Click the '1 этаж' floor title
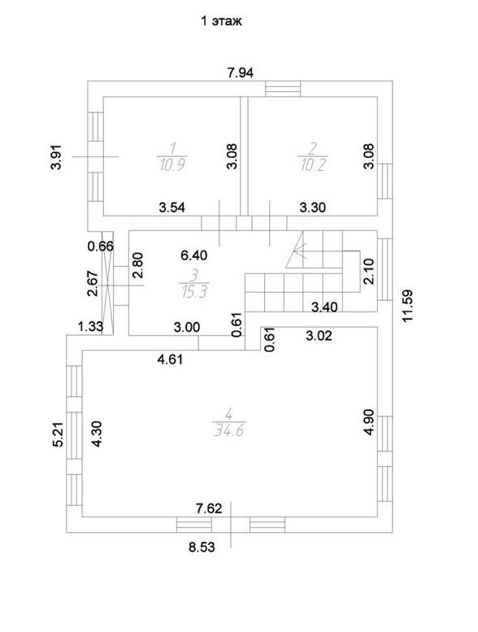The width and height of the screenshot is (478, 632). coord(221,21)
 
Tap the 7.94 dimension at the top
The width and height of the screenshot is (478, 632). coord(241,72)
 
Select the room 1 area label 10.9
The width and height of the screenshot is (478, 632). coord(172,164)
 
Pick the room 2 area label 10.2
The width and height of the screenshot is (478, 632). coord(312,164)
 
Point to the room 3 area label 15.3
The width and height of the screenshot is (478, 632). coord(194,291)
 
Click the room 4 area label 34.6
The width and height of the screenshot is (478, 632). coord(228,431)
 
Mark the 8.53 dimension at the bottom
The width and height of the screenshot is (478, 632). coord(202,547)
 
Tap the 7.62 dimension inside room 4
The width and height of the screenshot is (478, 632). coord(209,508)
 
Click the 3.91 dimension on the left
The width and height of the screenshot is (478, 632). coord(57,157)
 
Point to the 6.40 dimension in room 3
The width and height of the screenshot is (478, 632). coord(194,255)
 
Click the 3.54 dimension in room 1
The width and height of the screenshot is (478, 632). coord(172,207)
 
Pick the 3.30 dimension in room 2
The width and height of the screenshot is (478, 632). coord(312,207)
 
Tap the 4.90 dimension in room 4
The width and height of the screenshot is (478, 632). coord(368,422)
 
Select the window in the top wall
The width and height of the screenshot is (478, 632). coord(283,89)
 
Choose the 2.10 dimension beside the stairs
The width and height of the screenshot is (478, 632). coord(368,272)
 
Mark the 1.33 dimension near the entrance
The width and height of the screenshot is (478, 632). coord(90,326)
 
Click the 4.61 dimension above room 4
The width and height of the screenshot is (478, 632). coord(170,359)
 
